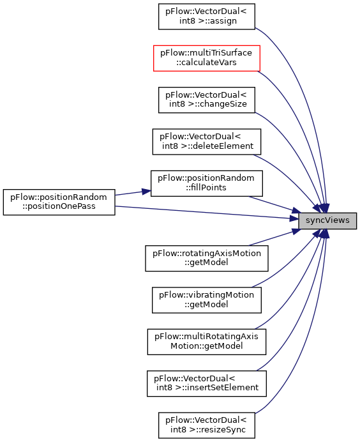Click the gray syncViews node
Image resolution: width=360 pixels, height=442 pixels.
tap(327, 221)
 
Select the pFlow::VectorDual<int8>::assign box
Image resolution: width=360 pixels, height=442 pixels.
tap(206, 17)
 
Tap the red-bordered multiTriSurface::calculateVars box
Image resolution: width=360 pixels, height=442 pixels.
tap(206, 58)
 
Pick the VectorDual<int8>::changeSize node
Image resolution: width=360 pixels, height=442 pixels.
tap(206, 100)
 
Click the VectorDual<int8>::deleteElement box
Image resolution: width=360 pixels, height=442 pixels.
tap(206, 142)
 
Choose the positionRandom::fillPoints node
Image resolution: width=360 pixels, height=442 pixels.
tap(206, 183)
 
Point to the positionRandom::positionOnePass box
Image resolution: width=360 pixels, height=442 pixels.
tap(59, 202)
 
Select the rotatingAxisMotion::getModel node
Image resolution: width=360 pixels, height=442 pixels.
tap(206, 258)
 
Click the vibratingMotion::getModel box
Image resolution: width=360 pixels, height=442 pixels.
tap(206, 300)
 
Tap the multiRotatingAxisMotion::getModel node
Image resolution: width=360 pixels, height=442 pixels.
tap(206, 342)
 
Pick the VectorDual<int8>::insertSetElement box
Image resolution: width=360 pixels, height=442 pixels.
tap(206, 383)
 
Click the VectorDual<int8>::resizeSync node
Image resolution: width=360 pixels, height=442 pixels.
tap(206, 425)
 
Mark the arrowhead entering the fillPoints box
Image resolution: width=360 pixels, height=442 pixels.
tap(146, 192)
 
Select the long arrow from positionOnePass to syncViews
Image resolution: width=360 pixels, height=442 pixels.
tap(207, 212)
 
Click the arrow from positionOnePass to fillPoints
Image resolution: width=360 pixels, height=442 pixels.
tap(133, 193)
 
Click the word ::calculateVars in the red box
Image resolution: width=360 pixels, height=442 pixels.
tap(206, 63)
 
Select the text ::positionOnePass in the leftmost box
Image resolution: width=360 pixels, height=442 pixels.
tap(59, 206)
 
